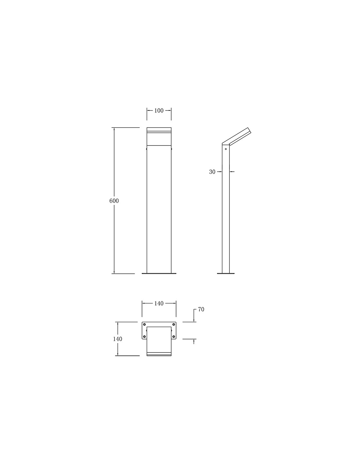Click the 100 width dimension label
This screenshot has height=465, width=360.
point(159,111)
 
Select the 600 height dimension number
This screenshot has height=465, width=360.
point(114,201)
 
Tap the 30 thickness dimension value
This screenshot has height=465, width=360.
point(212,172)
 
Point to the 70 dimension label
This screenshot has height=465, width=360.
point(201,309)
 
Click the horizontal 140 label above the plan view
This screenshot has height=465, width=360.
point(159,303)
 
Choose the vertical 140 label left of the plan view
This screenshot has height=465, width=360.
point(117,339)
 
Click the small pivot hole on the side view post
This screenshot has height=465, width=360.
point(225,149)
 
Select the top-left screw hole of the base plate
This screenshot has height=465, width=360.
point(144,324)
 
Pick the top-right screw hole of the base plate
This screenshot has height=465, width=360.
point(173,324)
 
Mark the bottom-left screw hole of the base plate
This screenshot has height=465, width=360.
point(144,336)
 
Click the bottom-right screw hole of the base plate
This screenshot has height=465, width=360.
point(173,336)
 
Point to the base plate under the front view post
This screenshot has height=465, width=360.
point(159,273)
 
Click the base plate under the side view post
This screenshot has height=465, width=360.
point(226,273)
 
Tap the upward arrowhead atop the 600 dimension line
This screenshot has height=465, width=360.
point(114,129)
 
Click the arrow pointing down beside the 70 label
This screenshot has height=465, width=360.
point(194,320)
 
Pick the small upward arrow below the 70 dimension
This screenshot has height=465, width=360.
point(194,341)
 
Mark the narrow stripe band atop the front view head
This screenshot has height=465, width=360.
point(159,132)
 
